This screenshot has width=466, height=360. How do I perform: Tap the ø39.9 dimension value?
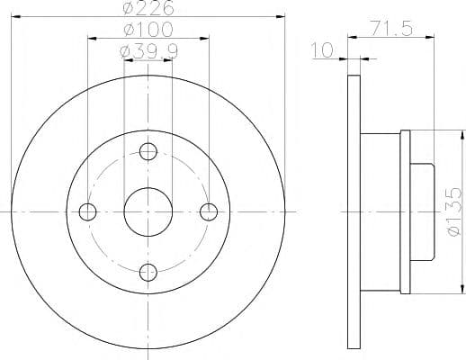148,51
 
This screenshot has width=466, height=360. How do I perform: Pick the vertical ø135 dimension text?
453,212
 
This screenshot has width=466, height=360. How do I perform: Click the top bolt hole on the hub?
148,152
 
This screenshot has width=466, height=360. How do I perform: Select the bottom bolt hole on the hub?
148,271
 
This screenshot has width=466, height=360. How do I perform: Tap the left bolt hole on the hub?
88,211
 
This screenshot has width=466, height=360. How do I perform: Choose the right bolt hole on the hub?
209,211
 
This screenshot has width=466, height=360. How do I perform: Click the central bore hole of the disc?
148,211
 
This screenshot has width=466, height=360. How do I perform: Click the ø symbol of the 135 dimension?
453,237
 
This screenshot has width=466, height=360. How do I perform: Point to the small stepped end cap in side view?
423,211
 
